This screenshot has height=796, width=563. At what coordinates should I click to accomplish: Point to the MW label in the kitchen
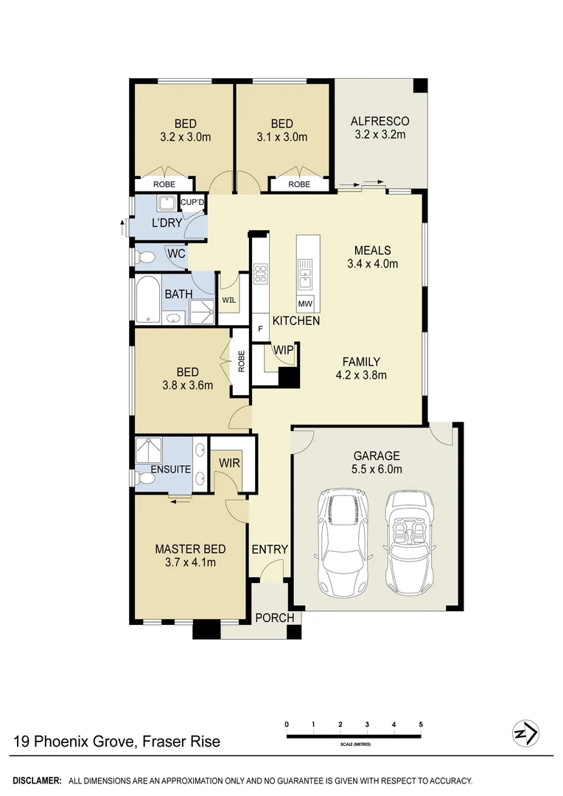pos(304,304)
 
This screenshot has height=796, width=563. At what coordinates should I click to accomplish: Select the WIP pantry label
pos(283,350)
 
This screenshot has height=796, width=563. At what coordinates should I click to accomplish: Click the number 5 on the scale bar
pos(421,725)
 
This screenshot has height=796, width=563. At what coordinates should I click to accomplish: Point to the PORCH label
pos(274,618)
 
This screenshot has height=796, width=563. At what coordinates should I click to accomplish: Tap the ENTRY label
pos(269,550)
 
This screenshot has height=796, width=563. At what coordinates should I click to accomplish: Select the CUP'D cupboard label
pos(193,203)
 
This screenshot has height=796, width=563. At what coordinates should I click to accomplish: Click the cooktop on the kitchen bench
pos(260,275)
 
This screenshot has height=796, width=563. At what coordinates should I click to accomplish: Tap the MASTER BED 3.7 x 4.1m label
pos(189,556)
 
